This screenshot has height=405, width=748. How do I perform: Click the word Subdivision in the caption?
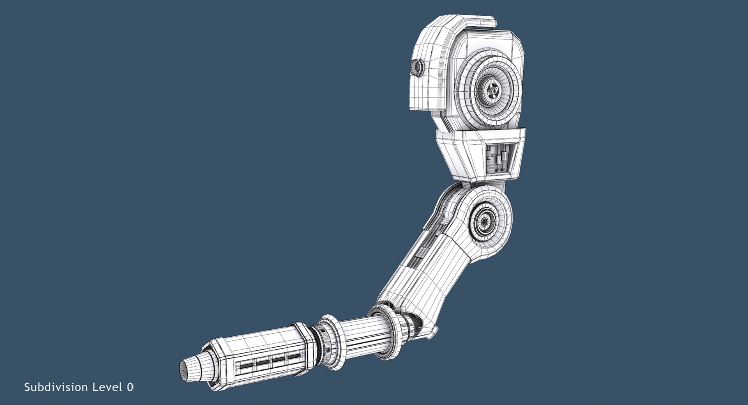pyautogui.click(x=56, y=387)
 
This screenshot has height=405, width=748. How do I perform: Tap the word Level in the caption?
pyautogui.click(x=106, y=387)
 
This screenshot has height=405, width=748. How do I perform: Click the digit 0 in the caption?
pyautogui.click(x=130, y=387)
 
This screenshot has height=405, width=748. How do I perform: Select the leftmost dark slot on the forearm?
pyautogui.click(x=246, y=366)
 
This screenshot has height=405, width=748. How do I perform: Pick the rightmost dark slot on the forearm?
pyautogui.click(x=294, y=356)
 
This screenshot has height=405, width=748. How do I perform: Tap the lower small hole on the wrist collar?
pyautogui.click(x=329, y=350)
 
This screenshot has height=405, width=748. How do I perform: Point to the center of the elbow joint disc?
pyautogui.click(x=485, y=222)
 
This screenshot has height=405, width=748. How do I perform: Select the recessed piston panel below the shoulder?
pyautogui.click(x=499, y=158)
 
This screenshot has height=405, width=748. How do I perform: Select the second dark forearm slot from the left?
pyautogui.click(x=263, y=363)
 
